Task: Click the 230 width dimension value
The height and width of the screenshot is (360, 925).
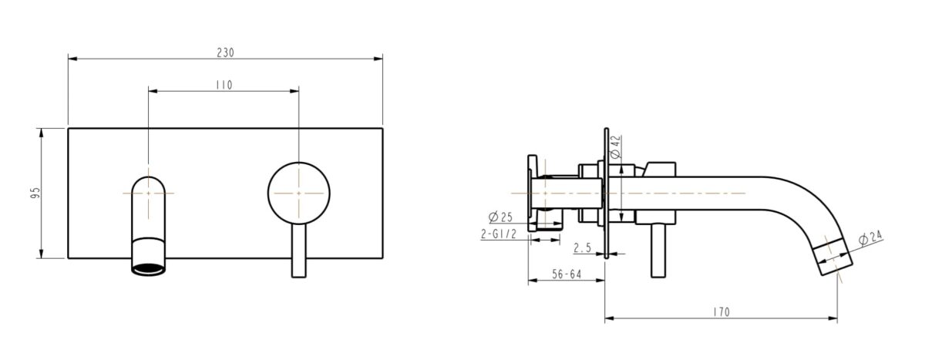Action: (225, 52)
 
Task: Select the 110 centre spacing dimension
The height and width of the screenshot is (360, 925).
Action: (224, 85)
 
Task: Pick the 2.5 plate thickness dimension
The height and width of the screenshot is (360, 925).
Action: (584, 247)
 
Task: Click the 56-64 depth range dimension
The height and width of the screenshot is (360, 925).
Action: (567, 274)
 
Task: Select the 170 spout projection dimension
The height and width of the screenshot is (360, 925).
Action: (721, 312)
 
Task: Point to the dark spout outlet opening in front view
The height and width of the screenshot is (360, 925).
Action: (148, 269)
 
